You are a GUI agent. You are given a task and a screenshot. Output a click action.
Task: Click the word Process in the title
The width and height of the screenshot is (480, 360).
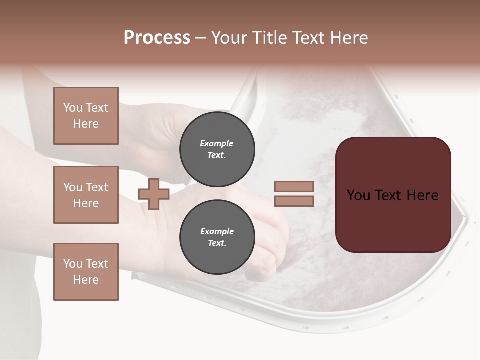tap(157, 38)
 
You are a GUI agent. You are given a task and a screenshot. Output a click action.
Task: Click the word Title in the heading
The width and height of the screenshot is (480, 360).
tap(270, 38)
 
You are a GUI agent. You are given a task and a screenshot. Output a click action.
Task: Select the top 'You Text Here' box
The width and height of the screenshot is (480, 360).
tap(86, 116)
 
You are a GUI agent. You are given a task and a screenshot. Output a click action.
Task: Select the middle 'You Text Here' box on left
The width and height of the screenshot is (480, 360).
tap(86, 195)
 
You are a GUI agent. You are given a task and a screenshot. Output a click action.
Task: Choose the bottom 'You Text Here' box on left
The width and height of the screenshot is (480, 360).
tap(86, 272)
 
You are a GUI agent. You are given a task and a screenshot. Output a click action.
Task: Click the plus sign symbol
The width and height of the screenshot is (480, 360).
tap(154, 194)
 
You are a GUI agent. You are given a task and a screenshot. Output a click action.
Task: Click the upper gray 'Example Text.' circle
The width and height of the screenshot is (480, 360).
tap(217, 149)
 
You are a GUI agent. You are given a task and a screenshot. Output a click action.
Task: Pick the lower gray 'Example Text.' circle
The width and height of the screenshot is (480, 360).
tap(217, 237)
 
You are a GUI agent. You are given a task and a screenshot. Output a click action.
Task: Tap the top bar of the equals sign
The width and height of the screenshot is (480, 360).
tap(294, 186)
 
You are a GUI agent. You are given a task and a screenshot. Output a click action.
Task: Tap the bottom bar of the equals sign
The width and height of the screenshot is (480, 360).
tap(294, 201)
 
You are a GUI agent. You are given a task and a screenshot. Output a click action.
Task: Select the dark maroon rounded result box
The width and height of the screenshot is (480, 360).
tap(393, 194)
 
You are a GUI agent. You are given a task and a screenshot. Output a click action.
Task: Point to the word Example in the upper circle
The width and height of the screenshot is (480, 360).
tap(217, 143)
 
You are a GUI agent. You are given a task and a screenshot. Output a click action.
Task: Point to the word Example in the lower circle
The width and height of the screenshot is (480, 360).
tap(217, 231)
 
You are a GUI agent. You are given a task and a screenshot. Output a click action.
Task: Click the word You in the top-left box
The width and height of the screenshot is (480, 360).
tap(73, 108)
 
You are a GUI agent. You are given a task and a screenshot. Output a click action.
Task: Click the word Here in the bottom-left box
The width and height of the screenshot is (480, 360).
tap(86, 280)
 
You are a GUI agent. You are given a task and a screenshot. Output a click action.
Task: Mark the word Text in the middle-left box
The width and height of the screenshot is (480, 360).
tap(96, 187)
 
